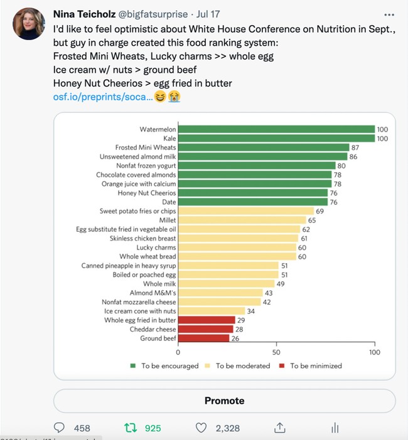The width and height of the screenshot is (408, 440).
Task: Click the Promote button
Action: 224,401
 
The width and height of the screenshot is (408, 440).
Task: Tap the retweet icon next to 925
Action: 131,428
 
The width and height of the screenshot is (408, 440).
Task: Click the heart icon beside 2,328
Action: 201,428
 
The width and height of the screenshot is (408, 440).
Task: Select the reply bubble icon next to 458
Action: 60,428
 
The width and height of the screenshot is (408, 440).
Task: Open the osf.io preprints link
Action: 102,97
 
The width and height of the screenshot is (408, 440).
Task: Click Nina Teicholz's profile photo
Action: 28,24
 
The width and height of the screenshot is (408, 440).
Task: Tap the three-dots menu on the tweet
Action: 389,13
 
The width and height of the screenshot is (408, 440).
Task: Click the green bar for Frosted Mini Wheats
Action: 264,147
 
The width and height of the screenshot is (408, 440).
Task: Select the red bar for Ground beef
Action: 204,338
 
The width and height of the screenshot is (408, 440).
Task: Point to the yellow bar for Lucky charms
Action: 237,248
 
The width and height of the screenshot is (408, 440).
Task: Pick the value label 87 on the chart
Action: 355,147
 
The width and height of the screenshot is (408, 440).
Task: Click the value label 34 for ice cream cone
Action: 250,311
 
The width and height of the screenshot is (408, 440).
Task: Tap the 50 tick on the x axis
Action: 277,352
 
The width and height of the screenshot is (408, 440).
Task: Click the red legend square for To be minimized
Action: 282,365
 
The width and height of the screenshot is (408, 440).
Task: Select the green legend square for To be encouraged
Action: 133,365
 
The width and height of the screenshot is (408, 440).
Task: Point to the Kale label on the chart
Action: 168,139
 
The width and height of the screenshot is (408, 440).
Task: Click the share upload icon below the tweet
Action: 279,428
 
